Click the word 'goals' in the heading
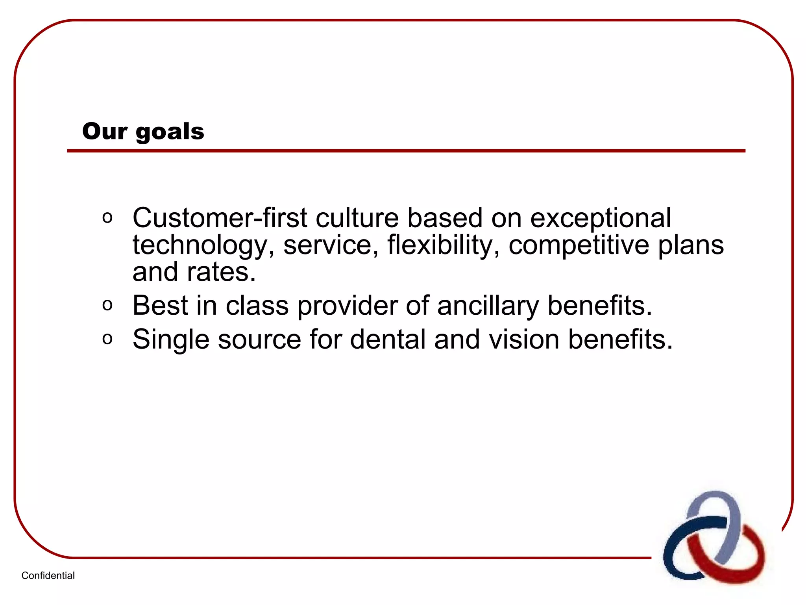click(x=170, y=132)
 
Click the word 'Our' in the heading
click(x=105, y=131)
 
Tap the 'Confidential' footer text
click(x=48, y=575)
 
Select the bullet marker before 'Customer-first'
click(x=107, y=217)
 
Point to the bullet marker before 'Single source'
click(x=107, y=339)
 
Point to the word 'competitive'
click(x=579, y=245)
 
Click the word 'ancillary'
click(x=488, y=306)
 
